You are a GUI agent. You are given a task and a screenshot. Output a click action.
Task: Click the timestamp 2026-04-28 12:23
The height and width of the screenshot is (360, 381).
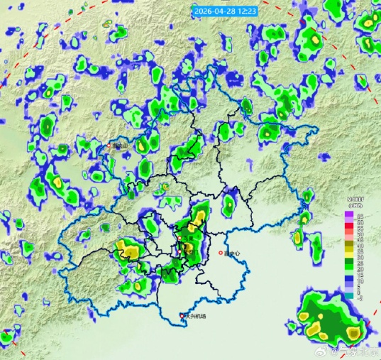click(225, 11)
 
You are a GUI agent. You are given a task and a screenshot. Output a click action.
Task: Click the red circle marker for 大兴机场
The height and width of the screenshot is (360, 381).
click(182, 316)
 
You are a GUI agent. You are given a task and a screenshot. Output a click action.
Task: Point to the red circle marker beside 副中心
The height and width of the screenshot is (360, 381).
click(221, 253)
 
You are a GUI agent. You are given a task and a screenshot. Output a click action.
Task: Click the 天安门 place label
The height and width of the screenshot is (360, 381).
click(190, 251)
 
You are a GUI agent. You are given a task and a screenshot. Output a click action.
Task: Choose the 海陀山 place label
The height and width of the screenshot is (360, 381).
click(120, 146)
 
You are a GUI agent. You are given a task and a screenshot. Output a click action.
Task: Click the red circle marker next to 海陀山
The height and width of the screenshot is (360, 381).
click(110, 146)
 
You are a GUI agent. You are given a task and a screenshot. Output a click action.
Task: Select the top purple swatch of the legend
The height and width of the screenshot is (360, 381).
click(348, 214)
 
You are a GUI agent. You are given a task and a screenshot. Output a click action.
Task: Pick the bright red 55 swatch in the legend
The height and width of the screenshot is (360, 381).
click(348, 227)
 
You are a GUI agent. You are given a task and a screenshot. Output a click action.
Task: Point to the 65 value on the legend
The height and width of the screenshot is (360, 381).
click(360, 214)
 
